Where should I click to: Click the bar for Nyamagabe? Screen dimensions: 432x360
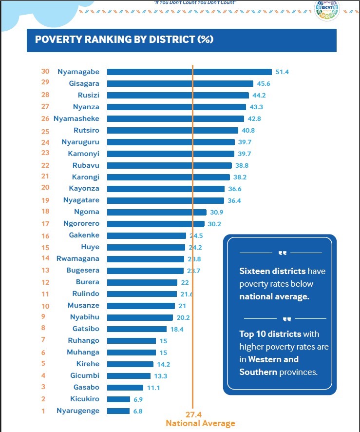(189, 72)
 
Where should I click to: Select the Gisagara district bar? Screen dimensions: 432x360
(180, 83)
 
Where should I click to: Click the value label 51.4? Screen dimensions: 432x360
(282, 72)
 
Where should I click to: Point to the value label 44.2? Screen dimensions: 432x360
(259, 95)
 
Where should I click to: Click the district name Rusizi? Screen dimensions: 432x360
(88, 95)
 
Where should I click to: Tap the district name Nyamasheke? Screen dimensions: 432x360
(76, 118)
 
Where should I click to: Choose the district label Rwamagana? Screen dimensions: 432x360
(78, 258)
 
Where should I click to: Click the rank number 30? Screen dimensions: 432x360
(45, 72)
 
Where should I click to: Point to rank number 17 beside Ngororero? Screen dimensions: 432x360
(45, 224)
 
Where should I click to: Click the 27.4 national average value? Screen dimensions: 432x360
(193, 415)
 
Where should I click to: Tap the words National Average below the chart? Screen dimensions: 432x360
(200, 423)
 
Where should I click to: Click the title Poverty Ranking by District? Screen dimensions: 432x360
(124, 39)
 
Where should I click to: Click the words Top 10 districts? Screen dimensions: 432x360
(270, 334)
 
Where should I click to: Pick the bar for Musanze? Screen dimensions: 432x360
(141, 306)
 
